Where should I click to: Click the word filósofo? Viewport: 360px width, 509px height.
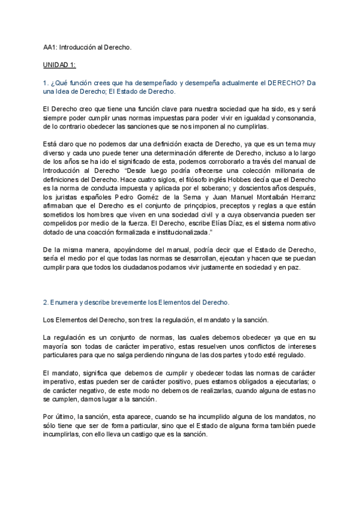(x=196, y=179)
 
